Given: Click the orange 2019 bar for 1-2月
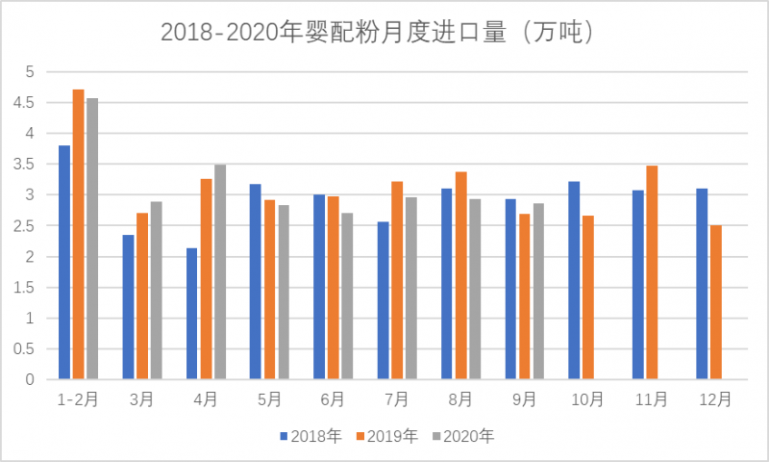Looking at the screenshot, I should [78, 235].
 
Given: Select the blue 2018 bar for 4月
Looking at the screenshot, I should [192, 314].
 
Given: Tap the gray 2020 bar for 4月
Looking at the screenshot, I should [220, 272].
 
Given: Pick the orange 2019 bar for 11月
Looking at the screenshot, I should [652, 273].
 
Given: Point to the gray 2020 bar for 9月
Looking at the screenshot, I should [538, 292].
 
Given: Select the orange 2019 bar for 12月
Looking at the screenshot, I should [715, 302].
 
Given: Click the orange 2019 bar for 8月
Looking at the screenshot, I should [460, 276].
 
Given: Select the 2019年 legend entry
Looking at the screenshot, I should [386, 436].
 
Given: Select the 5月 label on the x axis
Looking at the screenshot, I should [269, 399].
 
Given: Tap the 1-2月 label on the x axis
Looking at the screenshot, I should [78, 399].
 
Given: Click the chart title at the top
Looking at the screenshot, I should [384, 32].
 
